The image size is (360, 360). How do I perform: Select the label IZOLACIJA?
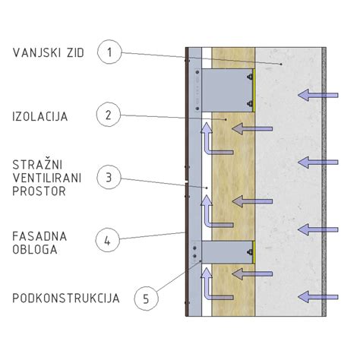click(x=40, y=116)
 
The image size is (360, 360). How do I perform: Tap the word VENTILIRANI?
click(x=47, y=178)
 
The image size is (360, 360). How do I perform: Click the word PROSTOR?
click(x=39, y=191)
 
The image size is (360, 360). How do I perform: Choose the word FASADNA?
click(x=39, y=236)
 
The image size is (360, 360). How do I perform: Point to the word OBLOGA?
click(x=35, y=250)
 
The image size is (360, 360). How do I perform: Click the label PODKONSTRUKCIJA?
click(x=66, y=298)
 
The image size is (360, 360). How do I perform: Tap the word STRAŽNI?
click(x=37, y=165)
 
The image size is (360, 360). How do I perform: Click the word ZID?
click(x=76, y=53)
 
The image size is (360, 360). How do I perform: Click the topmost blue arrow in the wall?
click(x=318, y=95)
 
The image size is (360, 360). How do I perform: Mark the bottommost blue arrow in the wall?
click(x=318, y=297)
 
